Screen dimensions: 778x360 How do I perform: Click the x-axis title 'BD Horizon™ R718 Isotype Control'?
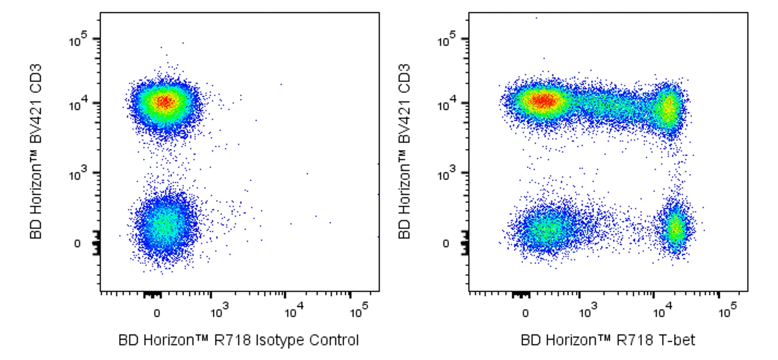pos(238,340)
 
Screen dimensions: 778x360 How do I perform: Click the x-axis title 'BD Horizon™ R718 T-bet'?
pos(608,340)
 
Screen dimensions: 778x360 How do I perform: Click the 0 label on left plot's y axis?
pos(77,243)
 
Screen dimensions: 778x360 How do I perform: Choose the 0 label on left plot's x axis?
pos(157,313)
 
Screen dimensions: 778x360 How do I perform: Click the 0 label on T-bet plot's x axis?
pos(525,313)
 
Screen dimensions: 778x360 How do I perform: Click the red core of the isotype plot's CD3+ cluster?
pos(165,102)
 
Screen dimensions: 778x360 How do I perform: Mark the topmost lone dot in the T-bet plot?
pos(536,18)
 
